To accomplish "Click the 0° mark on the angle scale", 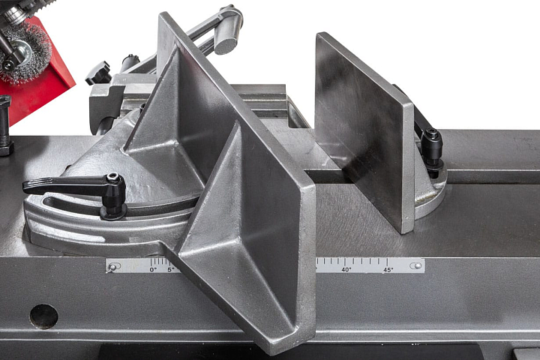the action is click(153, 269).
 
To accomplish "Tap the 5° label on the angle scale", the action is click(171, 269).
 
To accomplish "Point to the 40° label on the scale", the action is click(346, 269).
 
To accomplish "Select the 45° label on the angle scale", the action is click(388, 270).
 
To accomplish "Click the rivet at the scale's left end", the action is click(112, 267).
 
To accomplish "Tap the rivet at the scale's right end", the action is click(418, 265).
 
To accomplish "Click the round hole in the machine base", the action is click(43, 316).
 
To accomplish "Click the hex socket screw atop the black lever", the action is click(113, 178).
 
